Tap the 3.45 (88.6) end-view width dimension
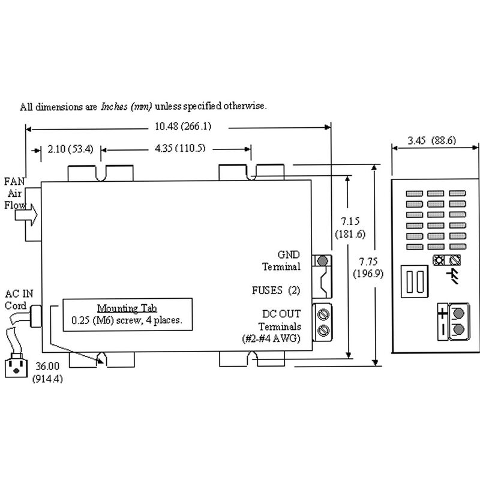pyautogui.click(x=431, y=141)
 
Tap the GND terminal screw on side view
pyautogui.click(x=322, y=261)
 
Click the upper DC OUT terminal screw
pyautogui.click(x=322, y=313)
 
